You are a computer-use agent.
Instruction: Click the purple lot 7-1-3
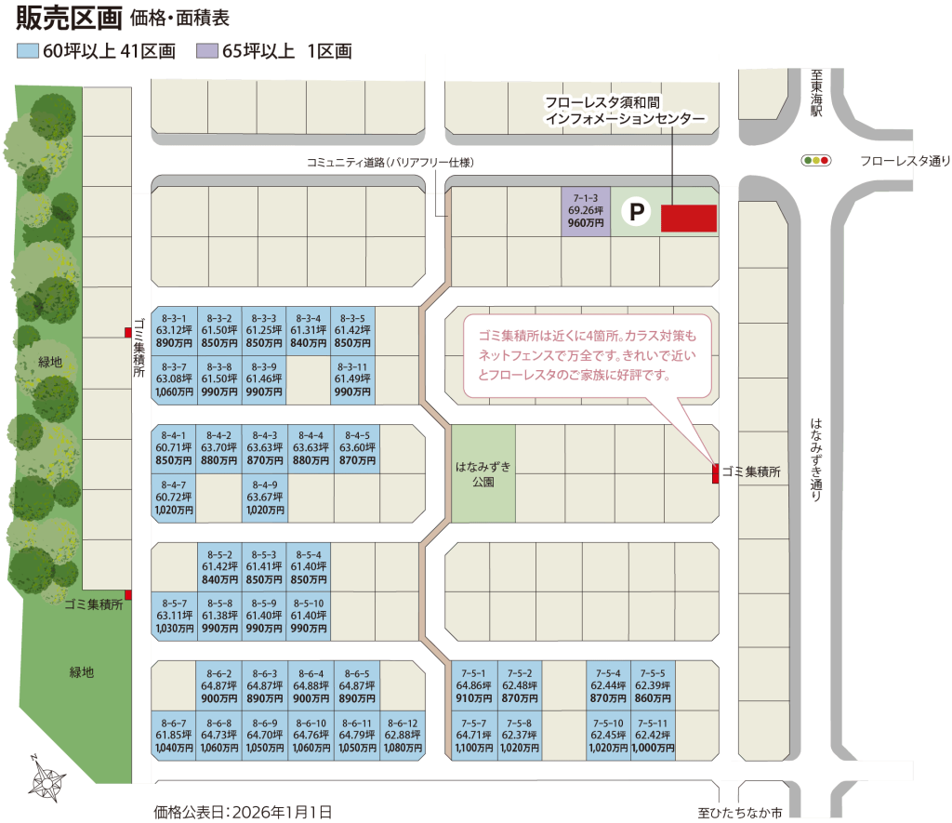point(586,211)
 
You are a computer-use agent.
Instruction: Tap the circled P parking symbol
point(636,211)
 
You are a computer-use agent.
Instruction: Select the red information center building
point(689,218)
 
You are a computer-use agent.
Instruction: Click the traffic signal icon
point(816,160)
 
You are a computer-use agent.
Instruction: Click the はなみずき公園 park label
point(483,473)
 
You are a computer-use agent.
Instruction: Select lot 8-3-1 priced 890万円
point(174,331)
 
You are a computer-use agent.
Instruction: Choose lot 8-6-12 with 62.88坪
point(403,736)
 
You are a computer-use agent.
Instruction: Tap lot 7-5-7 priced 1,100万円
point(474,736)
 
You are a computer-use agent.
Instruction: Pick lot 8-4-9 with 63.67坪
point(265,498)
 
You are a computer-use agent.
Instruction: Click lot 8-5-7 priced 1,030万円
point(174,616)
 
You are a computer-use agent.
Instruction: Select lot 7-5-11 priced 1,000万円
point(653,736)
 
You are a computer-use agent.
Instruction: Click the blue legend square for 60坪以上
point(28,51)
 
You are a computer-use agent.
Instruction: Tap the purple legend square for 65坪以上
point(207,51)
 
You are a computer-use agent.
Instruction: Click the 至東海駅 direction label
point(816,93)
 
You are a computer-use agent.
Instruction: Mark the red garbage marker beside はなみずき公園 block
point(716,473)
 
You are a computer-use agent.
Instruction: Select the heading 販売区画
point(69,18)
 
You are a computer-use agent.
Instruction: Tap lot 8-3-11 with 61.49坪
point(352,379)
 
